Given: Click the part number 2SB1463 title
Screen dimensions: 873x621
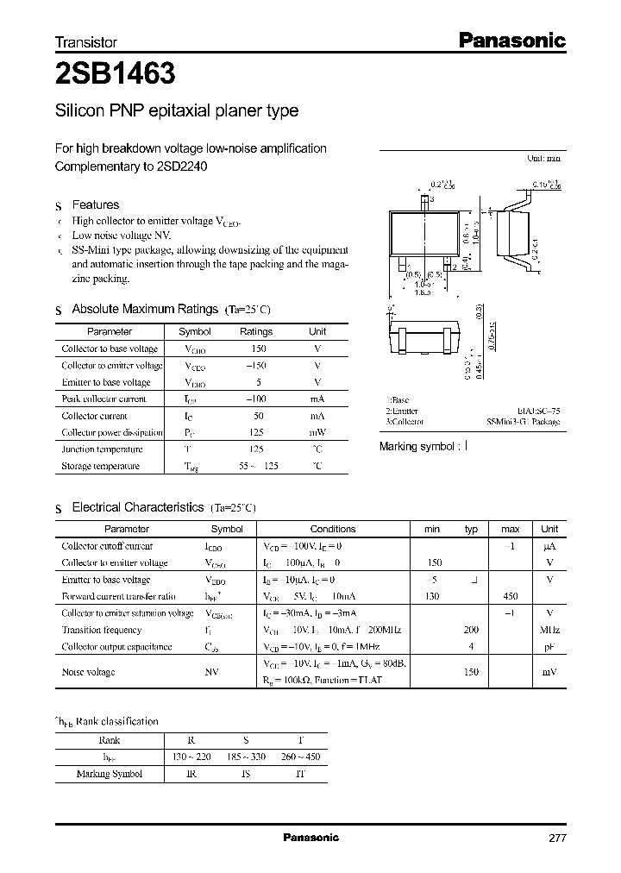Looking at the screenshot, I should (x=116, y=75).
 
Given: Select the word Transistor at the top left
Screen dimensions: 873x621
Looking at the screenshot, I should (x=85, y=42).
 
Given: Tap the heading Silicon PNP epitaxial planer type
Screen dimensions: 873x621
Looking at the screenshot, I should (x=177, y=111).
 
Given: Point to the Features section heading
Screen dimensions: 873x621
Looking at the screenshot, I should (x=95, y=205).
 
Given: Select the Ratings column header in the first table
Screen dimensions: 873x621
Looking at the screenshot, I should (x=255, y=331).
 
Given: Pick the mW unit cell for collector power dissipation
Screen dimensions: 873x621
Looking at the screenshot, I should (x=317, y=432).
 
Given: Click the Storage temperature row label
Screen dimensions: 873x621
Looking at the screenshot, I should (x=100, y=466).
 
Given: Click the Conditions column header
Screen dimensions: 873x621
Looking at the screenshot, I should (x=332, y=529).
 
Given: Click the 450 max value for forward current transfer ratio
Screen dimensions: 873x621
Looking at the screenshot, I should (x=511, y=596).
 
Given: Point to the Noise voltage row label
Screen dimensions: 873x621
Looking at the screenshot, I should (x=88, y=672).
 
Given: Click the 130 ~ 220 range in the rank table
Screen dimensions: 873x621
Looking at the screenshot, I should (x=192, y=757).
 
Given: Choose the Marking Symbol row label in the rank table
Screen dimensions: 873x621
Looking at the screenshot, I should (x=110, y=774).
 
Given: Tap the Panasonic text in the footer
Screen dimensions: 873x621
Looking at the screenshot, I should (x=311, y=838).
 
